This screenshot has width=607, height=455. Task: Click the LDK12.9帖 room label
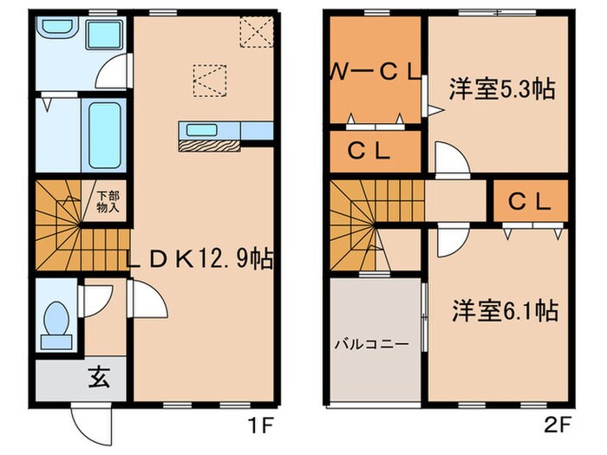tap(200, 259)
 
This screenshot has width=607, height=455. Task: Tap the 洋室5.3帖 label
tap(502, 88)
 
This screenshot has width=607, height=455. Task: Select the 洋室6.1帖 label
tap(503, 309)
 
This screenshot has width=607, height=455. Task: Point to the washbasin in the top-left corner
tap(59, 33)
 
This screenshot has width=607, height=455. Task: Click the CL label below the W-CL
tap(374, 149)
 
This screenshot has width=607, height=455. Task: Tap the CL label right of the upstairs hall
tap(530, 201)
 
